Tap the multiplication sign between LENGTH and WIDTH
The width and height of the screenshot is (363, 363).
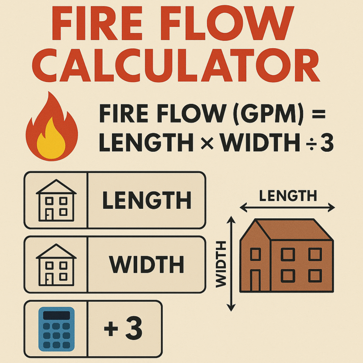tap(204, 143)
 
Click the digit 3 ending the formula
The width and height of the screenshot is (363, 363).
tap(326, 143)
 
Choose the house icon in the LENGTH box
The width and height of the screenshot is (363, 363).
tap(56, 200)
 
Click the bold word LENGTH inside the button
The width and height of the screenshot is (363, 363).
tap(147, 201)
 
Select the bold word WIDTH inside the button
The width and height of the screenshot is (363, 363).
tap(147, 265)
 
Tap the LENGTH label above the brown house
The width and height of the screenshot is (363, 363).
tap(287, 196)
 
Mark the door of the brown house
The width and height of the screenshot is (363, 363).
tap(255, 280)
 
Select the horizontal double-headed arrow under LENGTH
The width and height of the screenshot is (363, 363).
tap(287, 207)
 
